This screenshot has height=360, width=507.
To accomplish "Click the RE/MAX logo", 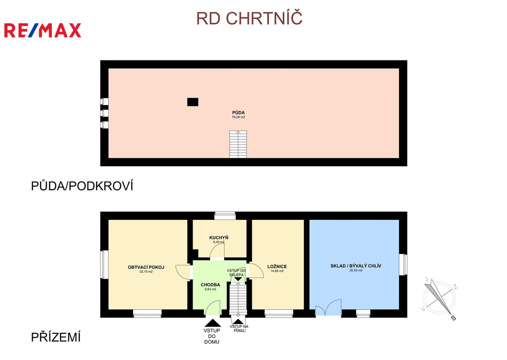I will click(x=43, y=30).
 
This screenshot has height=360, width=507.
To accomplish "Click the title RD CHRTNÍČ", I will click(x=249, y=18).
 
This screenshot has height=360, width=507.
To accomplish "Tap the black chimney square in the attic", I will click(x=193, y=102).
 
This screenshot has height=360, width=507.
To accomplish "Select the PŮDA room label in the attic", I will click(x=239, y=112).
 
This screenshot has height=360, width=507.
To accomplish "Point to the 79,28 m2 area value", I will click(x=239, y=117).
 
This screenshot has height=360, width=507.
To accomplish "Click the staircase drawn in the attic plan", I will click(x=238, y=144).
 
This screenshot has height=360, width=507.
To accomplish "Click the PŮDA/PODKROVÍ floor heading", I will click(x=82, y=186).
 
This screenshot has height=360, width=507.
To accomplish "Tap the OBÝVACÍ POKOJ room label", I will click(x=146, y=267).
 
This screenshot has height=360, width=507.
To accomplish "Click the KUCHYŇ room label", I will click(x=219, y=238).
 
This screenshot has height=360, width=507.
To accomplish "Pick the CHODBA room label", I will click(x=210, y=285).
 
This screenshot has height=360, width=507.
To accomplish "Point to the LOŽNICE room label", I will click(x=277, y=266).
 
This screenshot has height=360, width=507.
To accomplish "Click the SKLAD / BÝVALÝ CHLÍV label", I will click(x=355, y=265).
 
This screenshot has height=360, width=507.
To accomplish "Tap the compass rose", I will click(x=439, y=298).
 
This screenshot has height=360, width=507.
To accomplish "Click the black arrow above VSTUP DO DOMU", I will click(x=211, y=322).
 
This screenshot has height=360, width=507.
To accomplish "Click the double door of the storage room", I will click(x=328, y=308).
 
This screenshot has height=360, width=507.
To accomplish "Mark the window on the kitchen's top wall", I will click(x=225, y=215).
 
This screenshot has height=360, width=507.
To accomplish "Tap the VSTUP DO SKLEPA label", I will click(x=237, y=272).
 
